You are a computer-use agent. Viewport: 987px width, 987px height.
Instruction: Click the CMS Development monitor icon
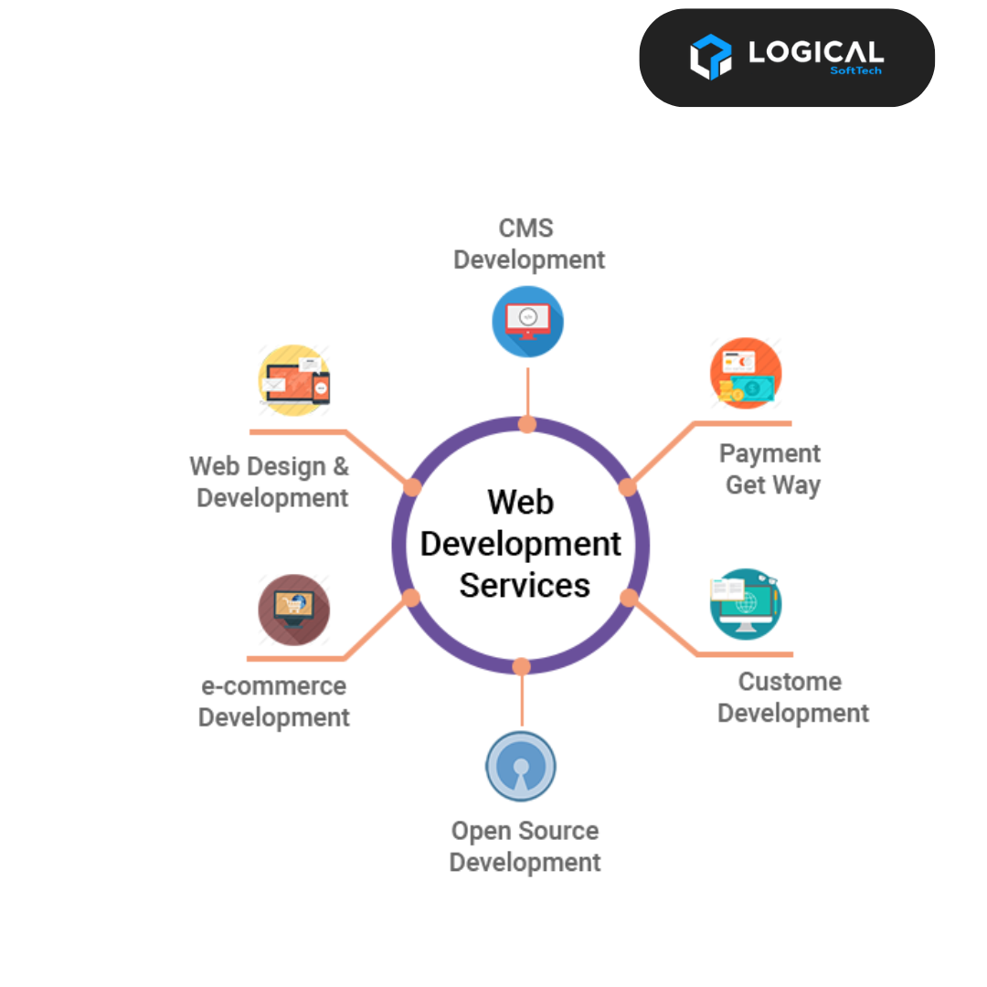pyautogui.click(x=527, y=322)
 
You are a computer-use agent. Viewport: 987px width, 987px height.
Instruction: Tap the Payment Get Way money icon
pyautogui.click(x=746, y=373)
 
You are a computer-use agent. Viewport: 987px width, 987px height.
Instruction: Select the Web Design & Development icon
pyautogui.click(x=294, y=380)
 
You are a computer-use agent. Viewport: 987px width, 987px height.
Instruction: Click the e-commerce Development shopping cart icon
pyautogui.click(x=294, y=610)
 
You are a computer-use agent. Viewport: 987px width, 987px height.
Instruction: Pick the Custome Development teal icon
pyautogui.click(x=746, y=604)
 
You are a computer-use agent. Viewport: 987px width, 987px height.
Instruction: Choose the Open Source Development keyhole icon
pyautogui.click(x=521, y=766)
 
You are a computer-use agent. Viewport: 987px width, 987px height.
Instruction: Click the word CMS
pyautogui.click(x=526, y=228)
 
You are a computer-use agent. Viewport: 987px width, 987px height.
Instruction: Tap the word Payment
pyautogui.click(x=769, y=454)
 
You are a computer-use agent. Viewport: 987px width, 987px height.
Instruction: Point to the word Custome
pyautogui.click(x=790, y=682)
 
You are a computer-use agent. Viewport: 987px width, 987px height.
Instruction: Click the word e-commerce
pyautogui.click(x=274, y=686)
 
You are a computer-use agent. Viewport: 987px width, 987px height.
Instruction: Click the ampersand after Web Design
pyautogui.click(x=341, y=466)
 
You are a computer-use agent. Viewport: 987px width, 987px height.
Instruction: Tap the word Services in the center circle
pyautogui.click(x=525, y=586)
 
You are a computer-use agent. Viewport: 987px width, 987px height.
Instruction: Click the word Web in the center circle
pyautogui.click(x=521, y=502)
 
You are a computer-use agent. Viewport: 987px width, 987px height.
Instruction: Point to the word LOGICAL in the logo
pyautogui.click(x=816, y=52)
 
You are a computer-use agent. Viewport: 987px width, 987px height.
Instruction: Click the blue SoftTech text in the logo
pyautogui.click(x=856, y=70)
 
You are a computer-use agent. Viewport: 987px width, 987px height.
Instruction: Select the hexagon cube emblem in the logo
pyautogui.click(x=711, y=57)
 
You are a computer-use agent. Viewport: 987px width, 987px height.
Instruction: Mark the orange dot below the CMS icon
pyautogui.click(x=527, y=424)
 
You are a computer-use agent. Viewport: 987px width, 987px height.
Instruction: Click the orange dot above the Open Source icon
pyautogui.click(x=521, y=666)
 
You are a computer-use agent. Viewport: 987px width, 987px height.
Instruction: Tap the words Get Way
pyautogui.click(x=773, y=485)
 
